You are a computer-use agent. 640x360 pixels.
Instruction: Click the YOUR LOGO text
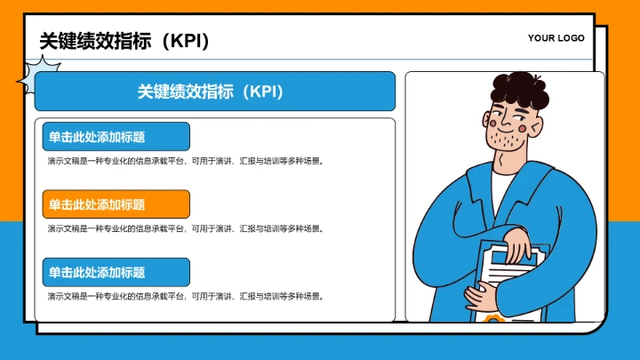tap(556, 38)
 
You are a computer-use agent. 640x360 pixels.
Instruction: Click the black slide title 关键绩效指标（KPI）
tap(124, 41)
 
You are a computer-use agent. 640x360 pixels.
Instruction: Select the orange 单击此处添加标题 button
tap(116, 204)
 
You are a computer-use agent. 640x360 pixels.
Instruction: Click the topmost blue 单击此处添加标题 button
tap(116, 137)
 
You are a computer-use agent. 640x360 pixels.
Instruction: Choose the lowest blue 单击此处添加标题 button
tap(116, 272)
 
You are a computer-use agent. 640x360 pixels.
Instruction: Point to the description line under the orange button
tap(185, 228)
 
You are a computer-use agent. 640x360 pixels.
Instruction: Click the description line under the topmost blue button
tap(185, 161)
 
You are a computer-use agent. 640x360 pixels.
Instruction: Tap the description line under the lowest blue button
tap(185, 296)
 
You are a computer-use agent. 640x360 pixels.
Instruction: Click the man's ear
tap(534, 126)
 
